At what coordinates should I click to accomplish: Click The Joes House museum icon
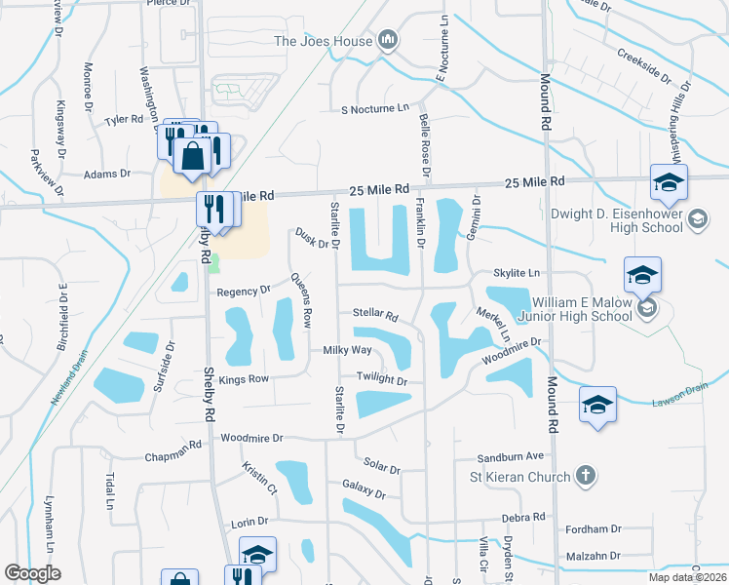(x=389, y=41)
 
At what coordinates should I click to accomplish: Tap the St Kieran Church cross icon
(x=585, y=477)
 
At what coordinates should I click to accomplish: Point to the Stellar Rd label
(x=375, y=315)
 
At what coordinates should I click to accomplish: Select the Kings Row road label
(x=244, y=378)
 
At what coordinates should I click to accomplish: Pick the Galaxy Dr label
(x=364, y=486)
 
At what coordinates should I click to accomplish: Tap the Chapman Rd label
(x=174, y=445)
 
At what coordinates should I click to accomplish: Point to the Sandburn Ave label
(x=510, y=456)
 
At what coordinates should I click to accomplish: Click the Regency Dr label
(x=244, y=291)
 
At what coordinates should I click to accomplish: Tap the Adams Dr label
(x=107, y=174)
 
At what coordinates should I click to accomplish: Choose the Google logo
(x=32, y=573)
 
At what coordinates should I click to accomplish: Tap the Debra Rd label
(x=523, y=517)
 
